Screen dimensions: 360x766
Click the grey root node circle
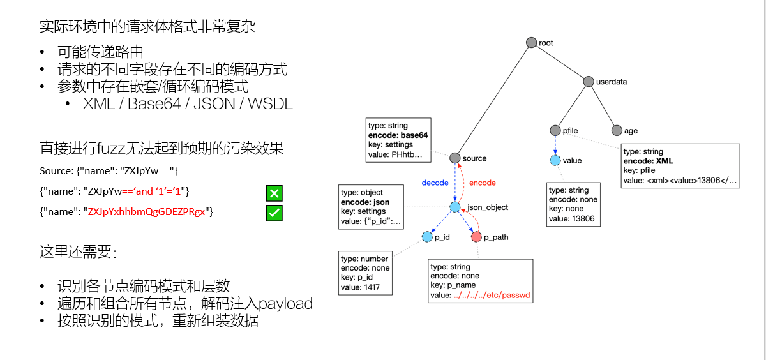coord(531,42)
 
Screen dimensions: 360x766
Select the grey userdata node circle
coord(589,81)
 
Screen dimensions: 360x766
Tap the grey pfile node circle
coord(555,130)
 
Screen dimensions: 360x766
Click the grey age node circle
coord(616,130)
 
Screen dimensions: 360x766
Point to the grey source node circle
coord(454,158)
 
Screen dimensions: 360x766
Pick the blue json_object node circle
coord(454,207)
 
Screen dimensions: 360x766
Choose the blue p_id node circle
coord(427,237)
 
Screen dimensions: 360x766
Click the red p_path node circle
coord(476,237)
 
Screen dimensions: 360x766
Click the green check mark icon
coord(274,213)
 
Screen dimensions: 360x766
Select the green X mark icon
coord(274,193)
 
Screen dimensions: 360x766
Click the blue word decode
coord(435,183)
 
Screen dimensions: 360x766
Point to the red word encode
coord(482,183)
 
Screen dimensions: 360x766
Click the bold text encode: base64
coord(398,135)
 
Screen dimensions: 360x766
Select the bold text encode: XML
coord(648,161)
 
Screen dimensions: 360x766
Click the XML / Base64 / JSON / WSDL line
coord(188,104)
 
